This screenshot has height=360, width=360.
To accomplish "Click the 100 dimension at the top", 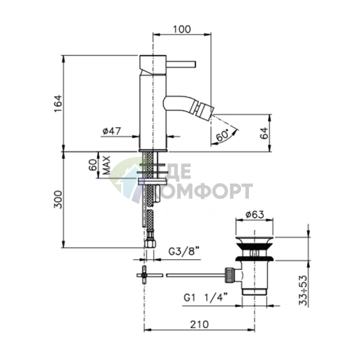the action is pyautogui.click(x=181, y=29).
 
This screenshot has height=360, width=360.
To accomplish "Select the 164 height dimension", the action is pyautogui.click(x=58, y=104).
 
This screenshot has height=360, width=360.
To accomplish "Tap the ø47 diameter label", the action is pyautogui.click(x=112, y=131).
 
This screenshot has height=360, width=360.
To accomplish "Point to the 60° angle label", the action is pyautogui.click(x=222, y=135).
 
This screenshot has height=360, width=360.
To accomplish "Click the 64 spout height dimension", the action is pyautogui.click(x=264, y=133).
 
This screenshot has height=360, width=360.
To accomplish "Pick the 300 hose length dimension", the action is pyautogui.click(x=58, y=200).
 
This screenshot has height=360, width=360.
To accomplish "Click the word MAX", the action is pyautogui.click(x=107, y=165).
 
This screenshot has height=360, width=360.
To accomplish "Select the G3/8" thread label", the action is pyautogui.click(x=184, y=252).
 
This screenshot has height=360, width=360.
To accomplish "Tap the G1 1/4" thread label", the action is pyautogui.click(x=205, y=298).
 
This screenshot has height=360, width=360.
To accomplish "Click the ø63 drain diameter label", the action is pyautogui.click(x=255, y=214).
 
